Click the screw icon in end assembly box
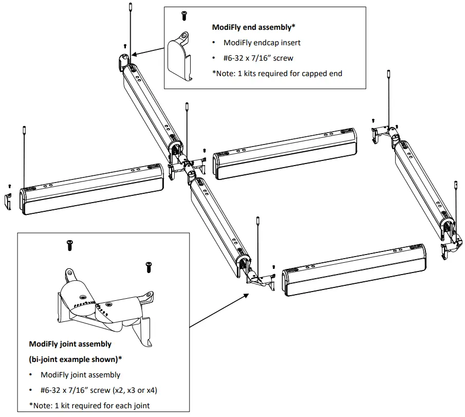pyautogui.click(x=184, y=16)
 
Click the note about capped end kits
pyautogui.click(x=277, y=73)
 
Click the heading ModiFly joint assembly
pyautogui.click(x=70, y=344)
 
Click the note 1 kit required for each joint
pyautogui.click(x=89, y=405)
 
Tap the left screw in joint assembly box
pyautogui.click(x=70, y=246)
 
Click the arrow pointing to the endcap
pyautogui.click(x=148, y=49)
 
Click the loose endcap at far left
pyautogui.click(x=9, y=201)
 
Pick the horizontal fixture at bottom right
pyautogui.click(x=355, y=270)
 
